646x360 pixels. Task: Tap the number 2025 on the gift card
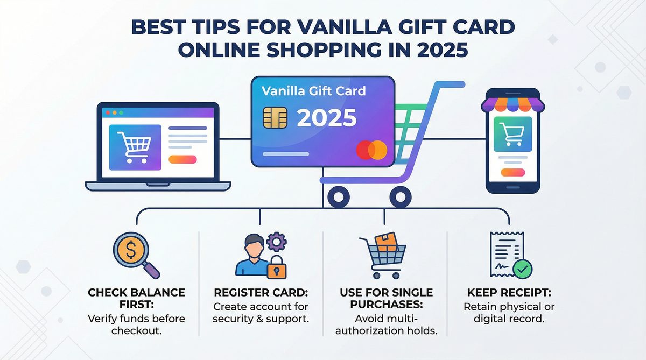tap(327, 118)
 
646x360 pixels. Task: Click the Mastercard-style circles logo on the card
tap(371, 150)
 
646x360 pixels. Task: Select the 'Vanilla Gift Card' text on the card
tap(313, 90)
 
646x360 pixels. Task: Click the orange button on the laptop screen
tap(183, 159)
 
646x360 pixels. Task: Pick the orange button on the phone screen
tap(512, 173)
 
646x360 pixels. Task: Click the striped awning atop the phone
tap(512, 103)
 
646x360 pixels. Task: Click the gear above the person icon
tap(276, 242)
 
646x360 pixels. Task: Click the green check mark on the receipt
tap(522, 267)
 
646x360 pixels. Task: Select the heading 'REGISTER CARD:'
tap(261, 293)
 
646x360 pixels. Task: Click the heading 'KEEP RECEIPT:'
tap(509, 293)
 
